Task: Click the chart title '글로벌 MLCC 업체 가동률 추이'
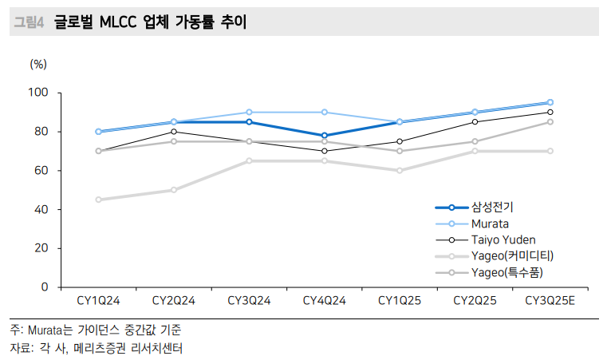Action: click(x=150, y=22)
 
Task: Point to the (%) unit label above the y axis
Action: click(x=38, y=62)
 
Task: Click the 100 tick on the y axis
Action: click(x=38, y=93)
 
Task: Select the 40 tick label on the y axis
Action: click(x=41, y=209)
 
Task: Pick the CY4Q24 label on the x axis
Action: click(x=324, y=301)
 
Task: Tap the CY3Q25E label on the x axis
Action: click(x=550, y=301)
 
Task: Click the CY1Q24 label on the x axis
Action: click(x=98, y=301)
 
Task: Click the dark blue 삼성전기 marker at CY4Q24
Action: click(x=324, y=136)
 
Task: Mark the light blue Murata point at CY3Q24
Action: click(x=249, y=113)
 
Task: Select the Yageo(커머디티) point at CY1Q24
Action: click(x=98, y=200)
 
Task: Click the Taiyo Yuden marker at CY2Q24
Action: click(x=174, y=132)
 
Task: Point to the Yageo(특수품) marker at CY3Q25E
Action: click(x=550, y=122)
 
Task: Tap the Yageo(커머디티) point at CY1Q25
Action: click(x=399, y=170)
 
